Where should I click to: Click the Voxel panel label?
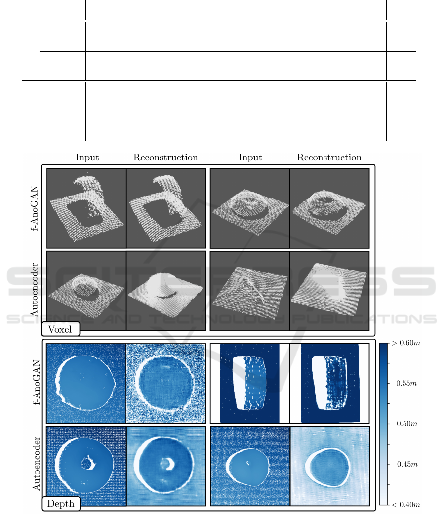click(x=60, y=329)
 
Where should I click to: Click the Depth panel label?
click(x=61, y=503)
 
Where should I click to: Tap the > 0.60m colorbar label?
click(x=405, y=343)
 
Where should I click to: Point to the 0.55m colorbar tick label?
click(x=406, y=383)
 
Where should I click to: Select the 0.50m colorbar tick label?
click(x=406, y=424)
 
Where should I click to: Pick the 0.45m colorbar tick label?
click(x=407, y=464)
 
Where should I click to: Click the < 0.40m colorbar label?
click(x=406, y=505)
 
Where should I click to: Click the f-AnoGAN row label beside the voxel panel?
click(x=34, y=208)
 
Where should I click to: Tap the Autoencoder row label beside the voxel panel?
click(x=34, y=290)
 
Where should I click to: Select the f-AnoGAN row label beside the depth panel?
click(x=36, y=382)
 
